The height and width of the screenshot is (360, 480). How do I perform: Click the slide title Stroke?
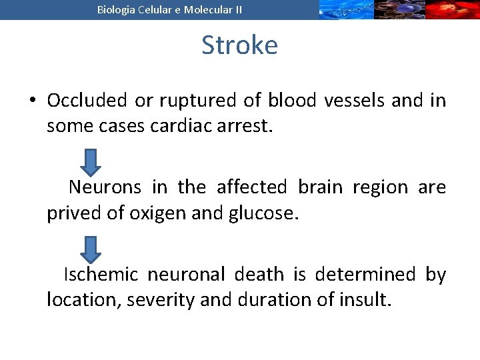coord(239,45)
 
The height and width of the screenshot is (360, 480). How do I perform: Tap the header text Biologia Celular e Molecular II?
coord(169,9)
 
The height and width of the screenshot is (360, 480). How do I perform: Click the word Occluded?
coord(87,101)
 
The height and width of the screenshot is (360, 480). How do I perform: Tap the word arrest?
coord(245,126)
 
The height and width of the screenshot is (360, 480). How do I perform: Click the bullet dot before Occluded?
coord(32,101)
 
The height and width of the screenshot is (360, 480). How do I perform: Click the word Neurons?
coord(105,187)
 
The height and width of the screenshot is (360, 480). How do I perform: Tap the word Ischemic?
coord(101,275)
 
